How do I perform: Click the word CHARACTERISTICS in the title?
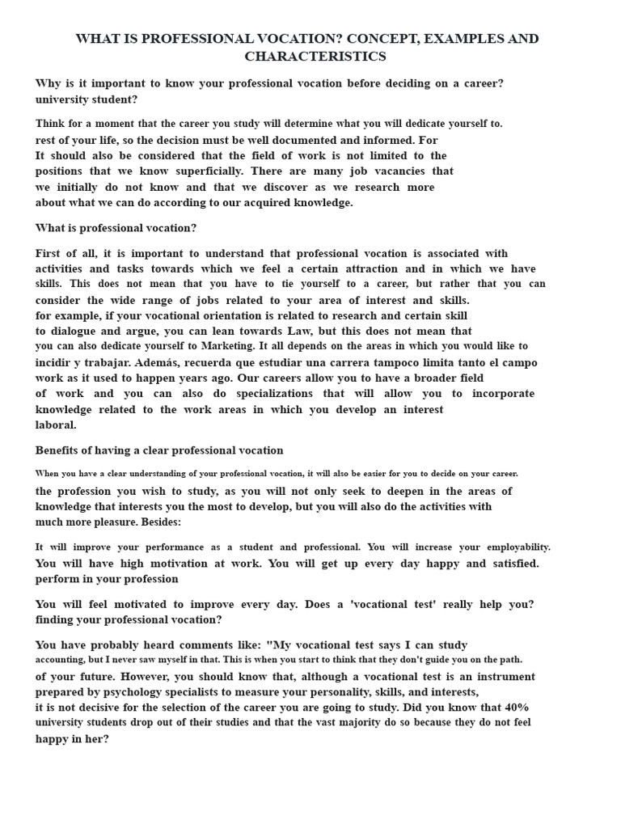click(315, 57)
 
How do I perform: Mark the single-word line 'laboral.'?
click(56, 425)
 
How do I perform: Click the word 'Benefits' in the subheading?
click(59, 450)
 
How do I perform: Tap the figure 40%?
click(515, 708)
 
